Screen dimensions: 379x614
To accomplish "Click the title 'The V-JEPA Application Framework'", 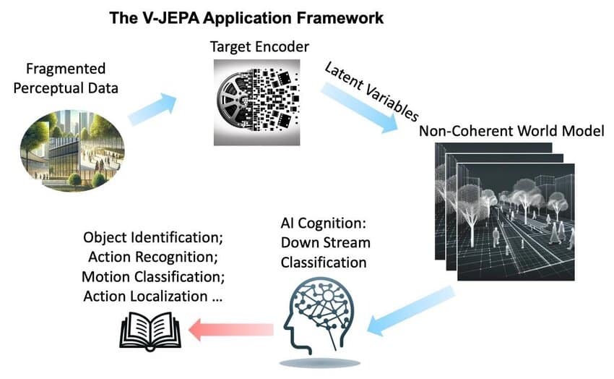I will coord(246,17).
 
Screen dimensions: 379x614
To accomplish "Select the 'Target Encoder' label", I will coord(259,47).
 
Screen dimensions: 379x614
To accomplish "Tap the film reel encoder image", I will coord(256,103).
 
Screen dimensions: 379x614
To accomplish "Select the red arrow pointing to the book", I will coord(230,330).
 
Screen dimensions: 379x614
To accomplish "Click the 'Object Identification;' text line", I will coord(150,238).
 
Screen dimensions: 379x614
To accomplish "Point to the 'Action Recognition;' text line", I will coord(151,257).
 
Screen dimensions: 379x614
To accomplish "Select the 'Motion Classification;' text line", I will coord(150,276).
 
